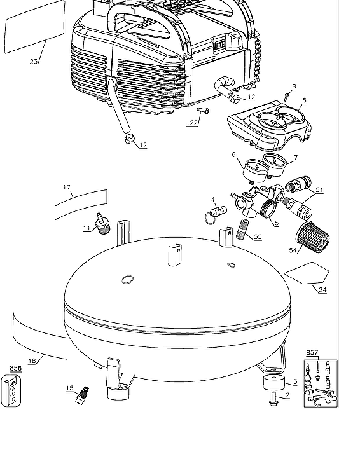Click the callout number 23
pyautogui.click(x=34, y=62)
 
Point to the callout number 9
pyautogui.click(x=294, y=86)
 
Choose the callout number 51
pyautogui.click(x=319, y=189)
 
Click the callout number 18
pyautogui.click(x=32, y=360)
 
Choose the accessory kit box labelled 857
pyautogui.click(x=320, y=383)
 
